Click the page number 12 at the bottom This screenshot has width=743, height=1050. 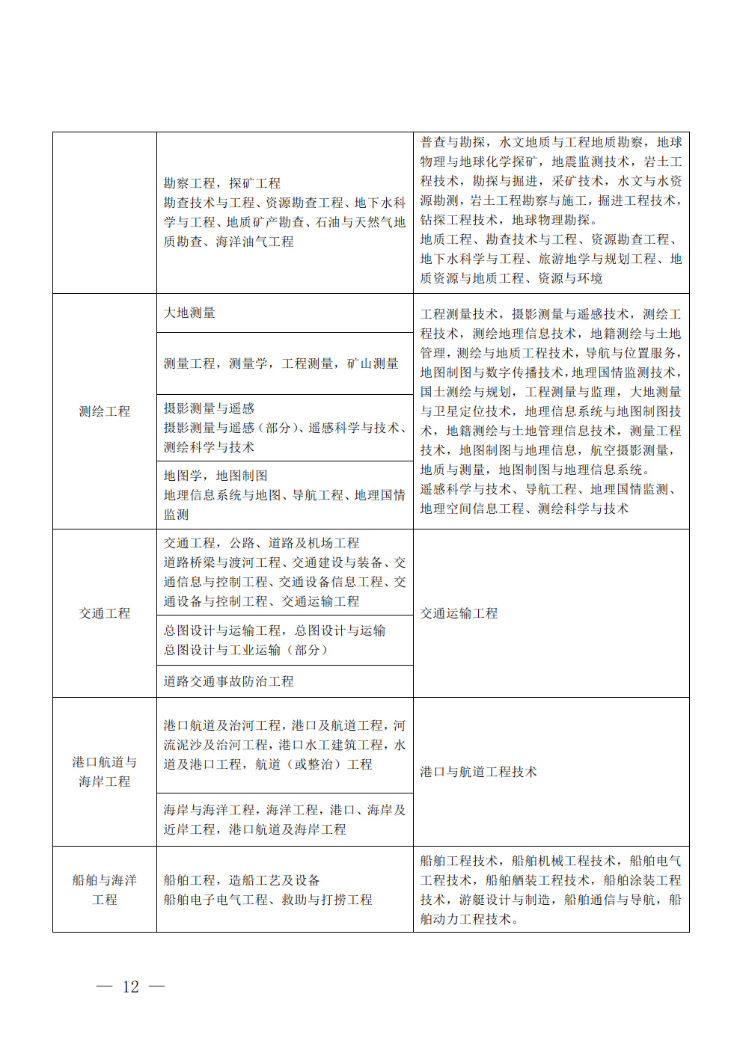tap(131, 986)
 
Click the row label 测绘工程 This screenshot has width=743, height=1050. tap(105, 411)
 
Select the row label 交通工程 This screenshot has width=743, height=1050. tap(105, 613)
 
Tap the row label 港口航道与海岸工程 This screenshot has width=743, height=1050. tap(105, 772)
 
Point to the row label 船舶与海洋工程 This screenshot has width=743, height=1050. tap(105, 890)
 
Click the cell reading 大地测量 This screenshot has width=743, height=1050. tap(190, 313)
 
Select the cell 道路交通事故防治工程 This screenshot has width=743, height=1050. tap(229, 681)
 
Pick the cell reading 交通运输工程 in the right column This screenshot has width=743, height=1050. tap(459, 613)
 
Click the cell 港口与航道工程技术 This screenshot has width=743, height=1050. tap(479, 772)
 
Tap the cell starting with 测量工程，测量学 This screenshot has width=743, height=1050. tap(281, 363)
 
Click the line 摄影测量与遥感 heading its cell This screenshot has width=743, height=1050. tap(210, 408)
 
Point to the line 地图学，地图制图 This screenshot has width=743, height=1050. tap(215, 476)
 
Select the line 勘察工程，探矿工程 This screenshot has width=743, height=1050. tap(222, 183)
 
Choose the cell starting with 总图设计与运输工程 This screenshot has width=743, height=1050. tap(275, 640)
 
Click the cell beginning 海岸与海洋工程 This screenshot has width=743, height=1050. tap(284, 820)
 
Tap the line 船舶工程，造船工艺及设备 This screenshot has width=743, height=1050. tap(242, 880)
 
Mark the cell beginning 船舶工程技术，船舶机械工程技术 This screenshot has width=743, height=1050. tap(551, 890)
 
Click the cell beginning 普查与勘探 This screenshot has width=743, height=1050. tap(551, 210)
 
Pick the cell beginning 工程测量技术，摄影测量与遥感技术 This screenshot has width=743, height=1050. tap(551, 411)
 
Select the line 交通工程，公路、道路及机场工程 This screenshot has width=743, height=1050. tap(262, 543)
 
